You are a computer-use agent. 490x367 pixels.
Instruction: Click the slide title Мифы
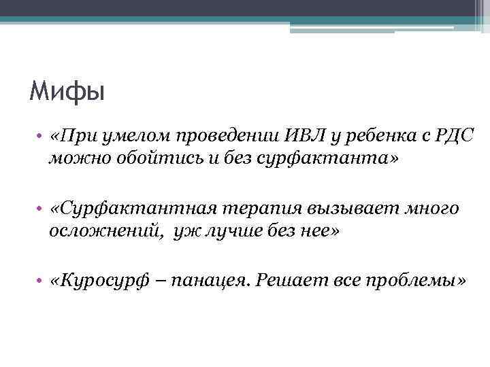click(67, 91)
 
